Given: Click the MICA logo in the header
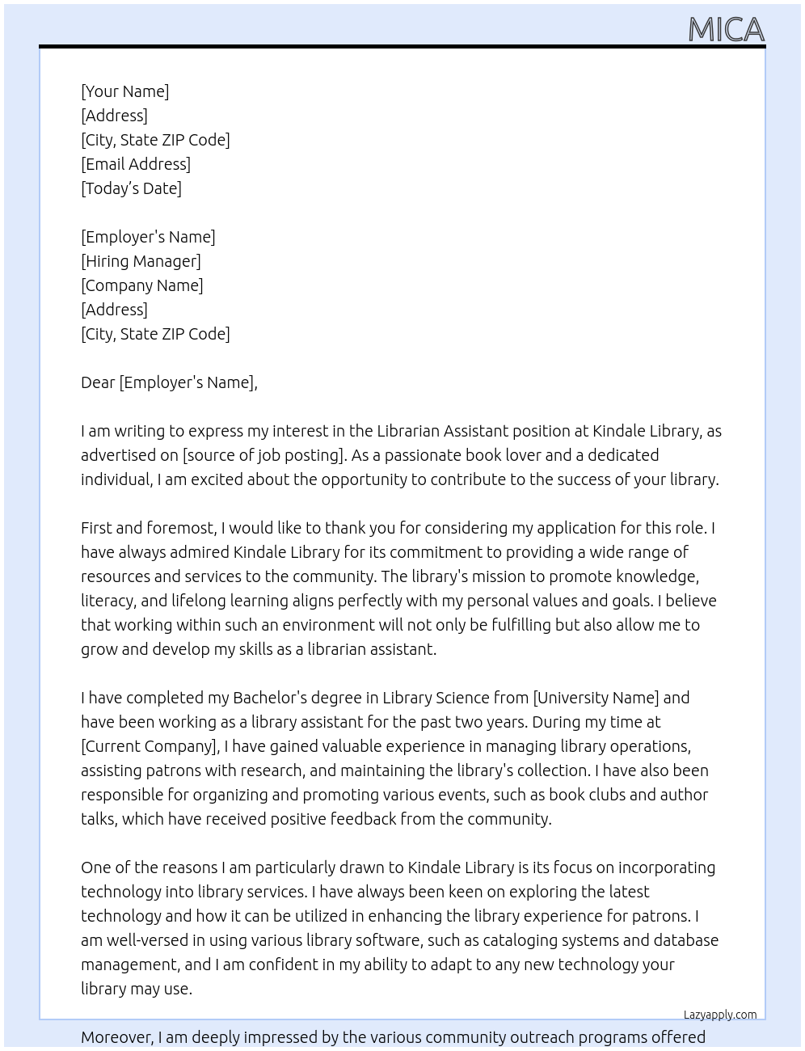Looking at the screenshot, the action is (726, 30).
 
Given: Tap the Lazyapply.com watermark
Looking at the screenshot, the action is (720, 1015).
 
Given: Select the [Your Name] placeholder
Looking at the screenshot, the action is (124, 91).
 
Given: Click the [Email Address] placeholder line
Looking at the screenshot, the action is (136, 164).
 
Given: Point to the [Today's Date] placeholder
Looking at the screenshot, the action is (131, 188).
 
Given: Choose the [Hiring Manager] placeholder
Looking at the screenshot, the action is (141, 261).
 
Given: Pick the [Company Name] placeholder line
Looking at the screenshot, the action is (142, 285).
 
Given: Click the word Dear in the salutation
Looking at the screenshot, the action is (98, 382).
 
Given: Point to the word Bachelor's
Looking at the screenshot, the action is (273, 698).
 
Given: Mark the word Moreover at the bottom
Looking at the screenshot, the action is (116, 1037).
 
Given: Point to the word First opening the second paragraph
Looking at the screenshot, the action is (96, 528).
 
